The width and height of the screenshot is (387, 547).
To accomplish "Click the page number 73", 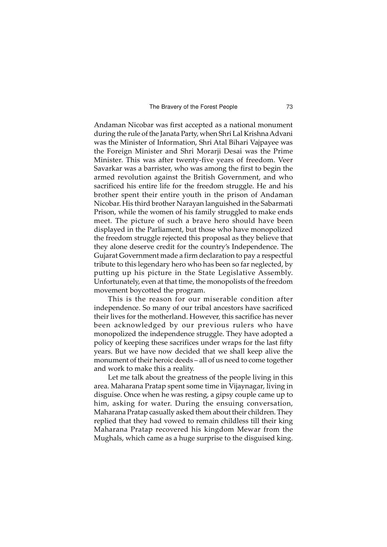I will [289, 107].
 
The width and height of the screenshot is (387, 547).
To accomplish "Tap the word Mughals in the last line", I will [108, 439].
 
